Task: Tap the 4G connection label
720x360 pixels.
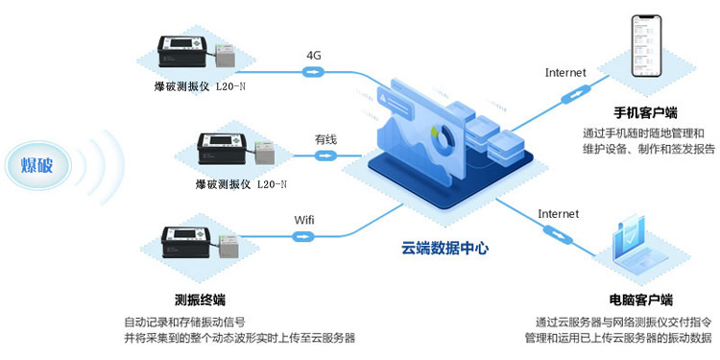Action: pyautogui.click(x=314, y=55)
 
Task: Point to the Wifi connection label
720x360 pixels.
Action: pyautogui.click(x=303, y=220)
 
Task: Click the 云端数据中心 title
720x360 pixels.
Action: pyautogui.click(x=444, y=248)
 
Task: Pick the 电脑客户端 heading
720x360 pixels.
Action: pyautogui.click(x=640, y=300)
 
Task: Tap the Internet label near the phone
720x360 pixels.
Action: pyautogui.click(x=564, y=72)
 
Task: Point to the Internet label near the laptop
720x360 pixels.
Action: pyautogui.click(x=558, y=213)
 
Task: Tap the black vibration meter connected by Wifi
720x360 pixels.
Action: pyautogui.click(x=190, y=243)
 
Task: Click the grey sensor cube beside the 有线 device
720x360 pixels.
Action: pyautogui.click(x=263, y=152)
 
